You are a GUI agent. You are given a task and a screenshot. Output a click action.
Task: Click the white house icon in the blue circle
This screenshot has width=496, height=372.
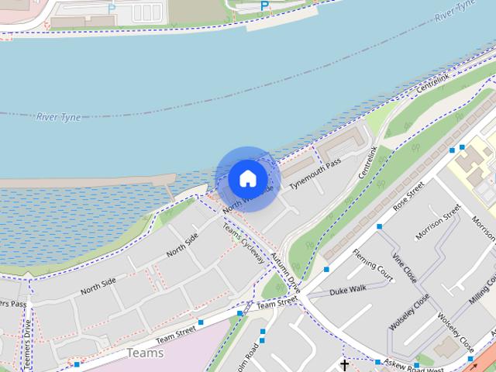pyautogui.click(x=247, y=178)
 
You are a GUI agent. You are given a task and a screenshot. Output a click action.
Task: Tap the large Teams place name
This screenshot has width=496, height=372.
pyautogui.click(x=145, y=353)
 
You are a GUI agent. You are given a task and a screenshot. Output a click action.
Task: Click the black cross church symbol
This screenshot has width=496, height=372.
pyautogui.click(x=345, y=364)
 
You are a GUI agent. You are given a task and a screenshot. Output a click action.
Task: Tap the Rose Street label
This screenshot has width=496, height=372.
pyautogui.click(x=409, y=198)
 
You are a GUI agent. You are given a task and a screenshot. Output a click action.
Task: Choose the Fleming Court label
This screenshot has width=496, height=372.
pyautogui.click(x=373, y=264)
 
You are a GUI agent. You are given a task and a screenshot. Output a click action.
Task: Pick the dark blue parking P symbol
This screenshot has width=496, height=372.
pyautogui.click(x=264, y=6)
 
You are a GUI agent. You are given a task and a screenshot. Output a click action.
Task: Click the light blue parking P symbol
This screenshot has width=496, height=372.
pyautogui.click(x=112, y=9)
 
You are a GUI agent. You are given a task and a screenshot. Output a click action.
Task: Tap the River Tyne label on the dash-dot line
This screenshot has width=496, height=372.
pyautogui.click(x=57, y=117)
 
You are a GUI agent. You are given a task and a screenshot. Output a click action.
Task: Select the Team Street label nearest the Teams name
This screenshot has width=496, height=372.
pyautogui.click(x=175, y=334)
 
